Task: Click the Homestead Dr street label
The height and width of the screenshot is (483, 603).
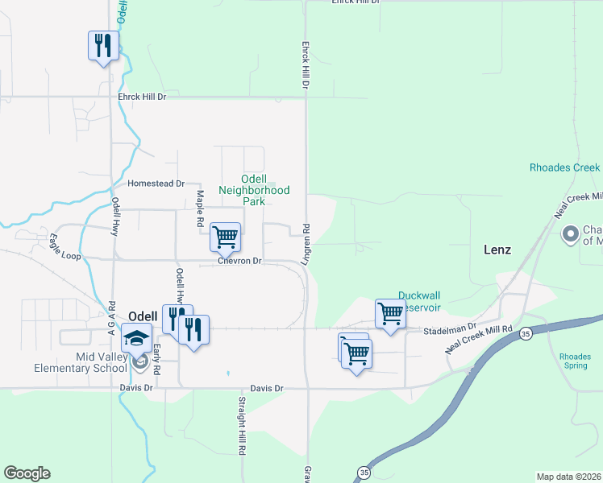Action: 151,184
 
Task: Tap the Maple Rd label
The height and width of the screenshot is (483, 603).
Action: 200,197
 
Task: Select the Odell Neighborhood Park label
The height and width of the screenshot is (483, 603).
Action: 254,190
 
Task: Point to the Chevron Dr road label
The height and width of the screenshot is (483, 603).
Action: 240,261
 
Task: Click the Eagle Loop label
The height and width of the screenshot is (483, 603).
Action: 65,246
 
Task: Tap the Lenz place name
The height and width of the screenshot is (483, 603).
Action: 497,250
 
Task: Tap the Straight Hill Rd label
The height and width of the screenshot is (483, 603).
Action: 241,427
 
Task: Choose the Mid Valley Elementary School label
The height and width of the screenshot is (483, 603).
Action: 80,362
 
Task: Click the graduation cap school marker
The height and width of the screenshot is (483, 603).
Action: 137,338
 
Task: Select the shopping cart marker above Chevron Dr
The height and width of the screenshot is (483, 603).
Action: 225,237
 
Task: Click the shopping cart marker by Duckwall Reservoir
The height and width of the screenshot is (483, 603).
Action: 390,313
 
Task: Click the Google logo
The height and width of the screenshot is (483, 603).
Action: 27,473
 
